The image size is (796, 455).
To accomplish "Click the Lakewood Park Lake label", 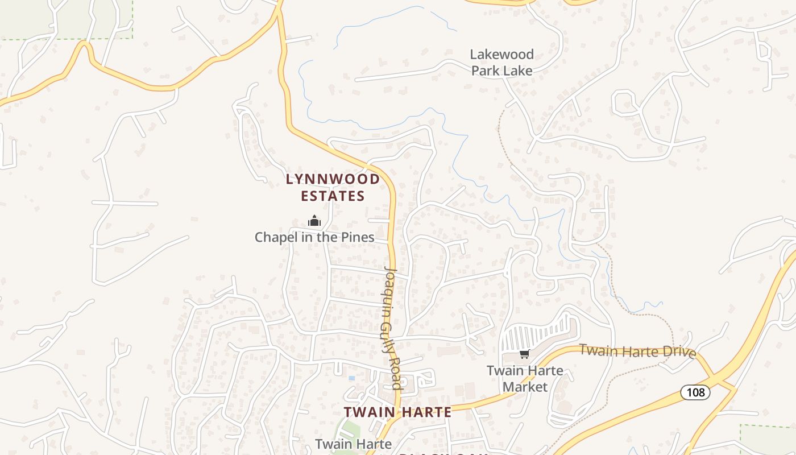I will point(502,63).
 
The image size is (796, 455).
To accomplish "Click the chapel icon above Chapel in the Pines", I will point(314,221).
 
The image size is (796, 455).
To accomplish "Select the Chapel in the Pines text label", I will point(314,237).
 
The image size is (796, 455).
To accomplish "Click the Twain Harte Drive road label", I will point(637,351).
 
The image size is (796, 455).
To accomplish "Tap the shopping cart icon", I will point(524,354).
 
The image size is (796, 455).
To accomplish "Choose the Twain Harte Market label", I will point(525,379).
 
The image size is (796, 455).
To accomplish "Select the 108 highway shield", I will point(695,392).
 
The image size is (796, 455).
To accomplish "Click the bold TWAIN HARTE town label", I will point(397,412).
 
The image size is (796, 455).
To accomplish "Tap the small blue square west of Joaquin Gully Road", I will point(351,378).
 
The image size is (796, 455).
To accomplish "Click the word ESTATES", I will point(333,196).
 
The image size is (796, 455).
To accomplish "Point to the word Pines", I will point(358,237).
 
